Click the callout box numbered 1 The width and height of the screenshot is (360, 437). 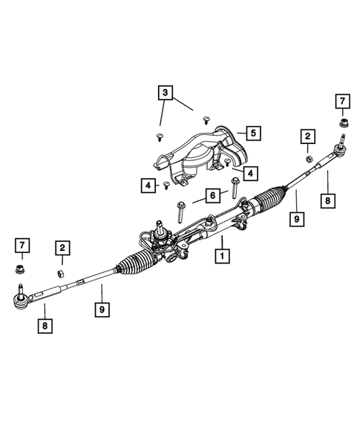[220, 257]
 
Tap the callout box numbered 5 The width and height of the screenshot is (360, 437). [252, 134]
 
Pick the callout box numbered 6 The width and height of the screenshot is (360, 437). [212, 195]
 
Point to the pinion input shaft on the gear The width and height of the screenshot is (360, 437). [159, 226]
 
